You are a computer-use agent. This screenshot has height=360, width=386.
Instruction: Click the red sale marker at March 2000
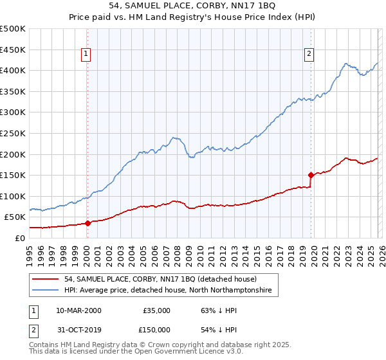pyautogui.click(x=87, y=223)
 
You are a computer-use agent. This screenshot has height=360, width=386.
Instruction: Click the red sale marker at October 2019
pyautogui.click(x=311, y=174)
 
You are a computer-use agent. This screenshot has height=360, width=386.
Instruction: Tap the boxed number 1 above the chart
pyautogui.click(x=86, y=55)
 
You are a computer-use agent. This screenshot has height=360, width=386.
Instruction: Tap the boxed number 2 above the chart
pyautogui.click(x=309, y=55)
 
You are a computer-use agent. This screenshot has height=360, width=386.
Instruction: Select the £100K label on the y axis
pyautogui.click(x=14, y=196)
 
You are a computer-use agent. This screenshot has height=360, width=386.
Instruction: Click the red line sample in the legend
pyautogui.click(x=46, y=280)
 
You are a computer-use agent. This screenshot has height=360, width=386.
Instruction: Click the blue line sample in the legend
pyautogui.click(x=46, y=291)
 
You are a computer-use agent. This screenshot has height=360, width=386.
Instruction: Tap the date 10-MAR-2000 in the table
pyautogui.click(x=78, y=310)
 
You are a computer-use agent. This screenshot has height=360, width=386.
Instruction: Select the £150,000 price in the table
pyautogui.click(x=156, y=330)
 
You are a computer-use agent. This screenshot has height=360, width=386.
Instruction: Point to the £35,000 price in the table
pyautogui.click(x=156, y=310)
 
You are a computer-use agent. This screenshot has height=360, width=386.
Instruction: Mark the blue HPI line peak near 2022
pyautogui.click(x=345, y=64)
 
